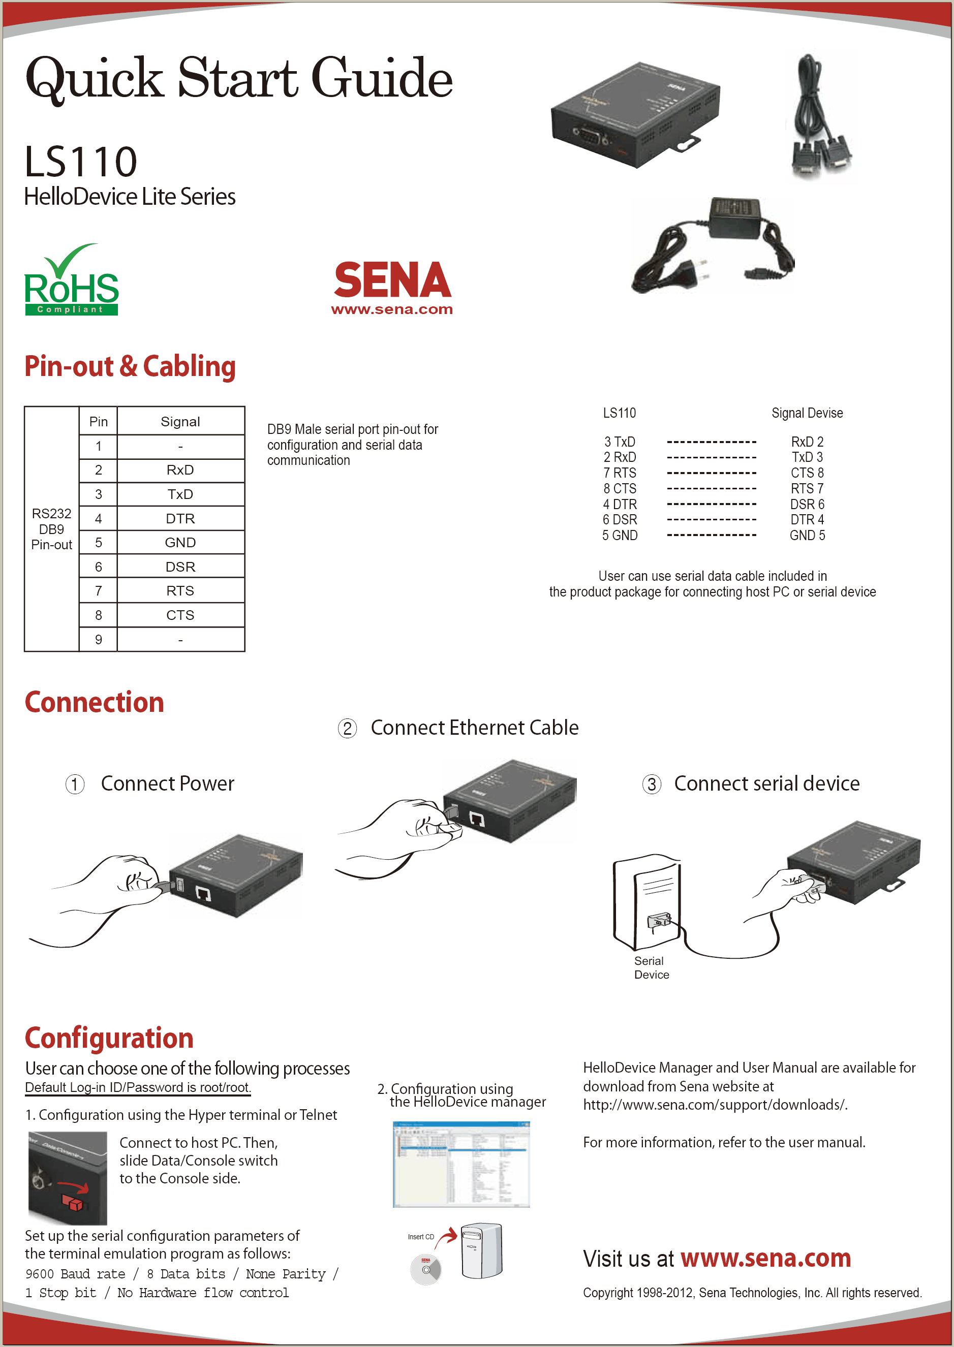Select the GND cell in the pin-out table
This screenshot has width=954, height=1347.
pyautogui.click(x=180, y=543)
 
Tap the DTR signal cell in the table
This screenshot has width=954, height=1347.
pyautogui.click(x=180, y=518)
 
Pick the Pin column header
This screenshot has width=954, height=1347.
pyautogui.click(x=98, y=422)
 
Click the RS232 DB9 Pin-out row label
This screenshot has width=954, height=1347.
pyautogui.click(x=52, y=529)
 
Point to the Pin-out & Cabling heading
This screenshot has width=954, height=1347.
pyautogui.click(x=130, y=366)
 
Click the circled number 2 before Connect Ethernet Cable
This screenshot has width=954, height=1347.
pyautogui.click(x=347, y=729)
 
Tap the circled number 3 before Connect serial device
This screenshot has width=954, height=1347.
pyautogui.click(x=652, y=785)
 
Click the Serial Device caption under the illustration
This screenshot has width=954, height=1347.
pyautogui.click(x=651, y=967)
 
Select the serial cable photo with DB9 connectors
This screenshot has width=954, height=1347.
pyautogui.click(x=819, y=117)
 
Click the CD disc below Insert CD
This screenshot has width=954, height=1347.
pyautogui.click(x=426, y=1269)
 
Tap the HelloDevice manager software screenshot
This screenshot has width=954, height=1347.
pyautogui.click(x=461, y=1165)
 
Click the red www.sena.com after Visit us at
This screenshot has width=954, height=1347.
pyautogui.click(x=765, y=1259)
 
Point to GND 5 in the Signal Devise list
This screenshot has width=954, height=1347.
pyautogui.click(x=807, y=536)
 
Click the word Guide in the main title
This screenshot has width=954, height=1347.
pyautogui.click(x=382, y=78)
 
